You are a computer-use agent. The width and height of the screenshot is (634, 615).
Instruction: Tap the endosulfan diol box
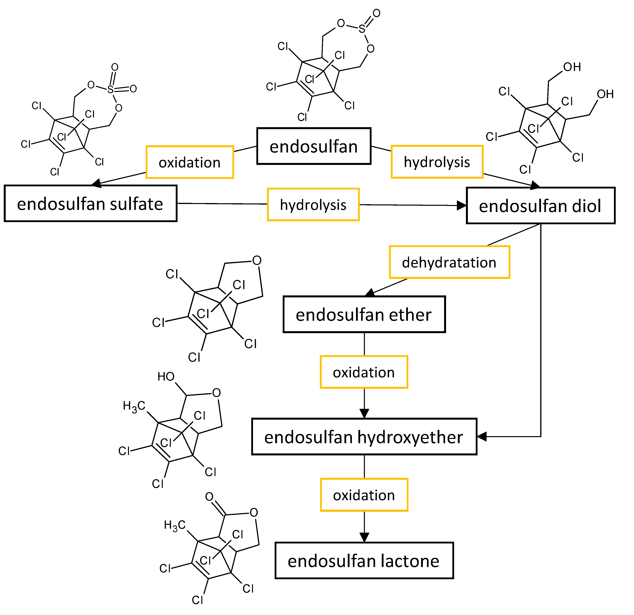tap(540, 206)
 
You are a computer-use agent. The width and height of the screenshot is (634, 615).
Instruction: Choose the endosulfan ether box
tap(364, 314)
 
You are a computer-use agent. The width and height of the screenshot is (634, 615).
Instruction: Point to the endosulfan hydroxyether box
tap(364, 437)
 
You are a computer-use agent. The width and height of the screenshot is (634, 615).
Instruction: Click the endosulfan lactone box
tap(364, 561)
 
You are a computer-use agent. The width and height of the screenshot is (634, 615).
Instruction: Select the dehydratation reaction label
tap(449, 262)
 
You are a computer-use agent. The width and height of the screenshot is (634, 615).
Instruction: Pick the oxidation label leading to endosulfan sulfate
tap(190, 162)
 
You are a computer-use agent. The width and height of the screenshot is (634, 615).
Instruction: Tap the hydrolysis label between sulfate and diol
tap(313, 205)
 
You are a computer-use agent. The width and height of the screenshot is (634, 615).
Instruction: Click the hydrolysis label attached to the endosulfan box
tap(437, 162)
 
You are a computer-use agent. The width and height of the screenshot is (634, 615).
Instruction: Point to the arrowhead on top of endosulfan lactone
tap(364, 538)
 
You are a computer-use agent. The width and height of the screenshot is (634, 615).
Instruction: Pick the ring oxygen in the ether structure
tap(257, 260)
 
